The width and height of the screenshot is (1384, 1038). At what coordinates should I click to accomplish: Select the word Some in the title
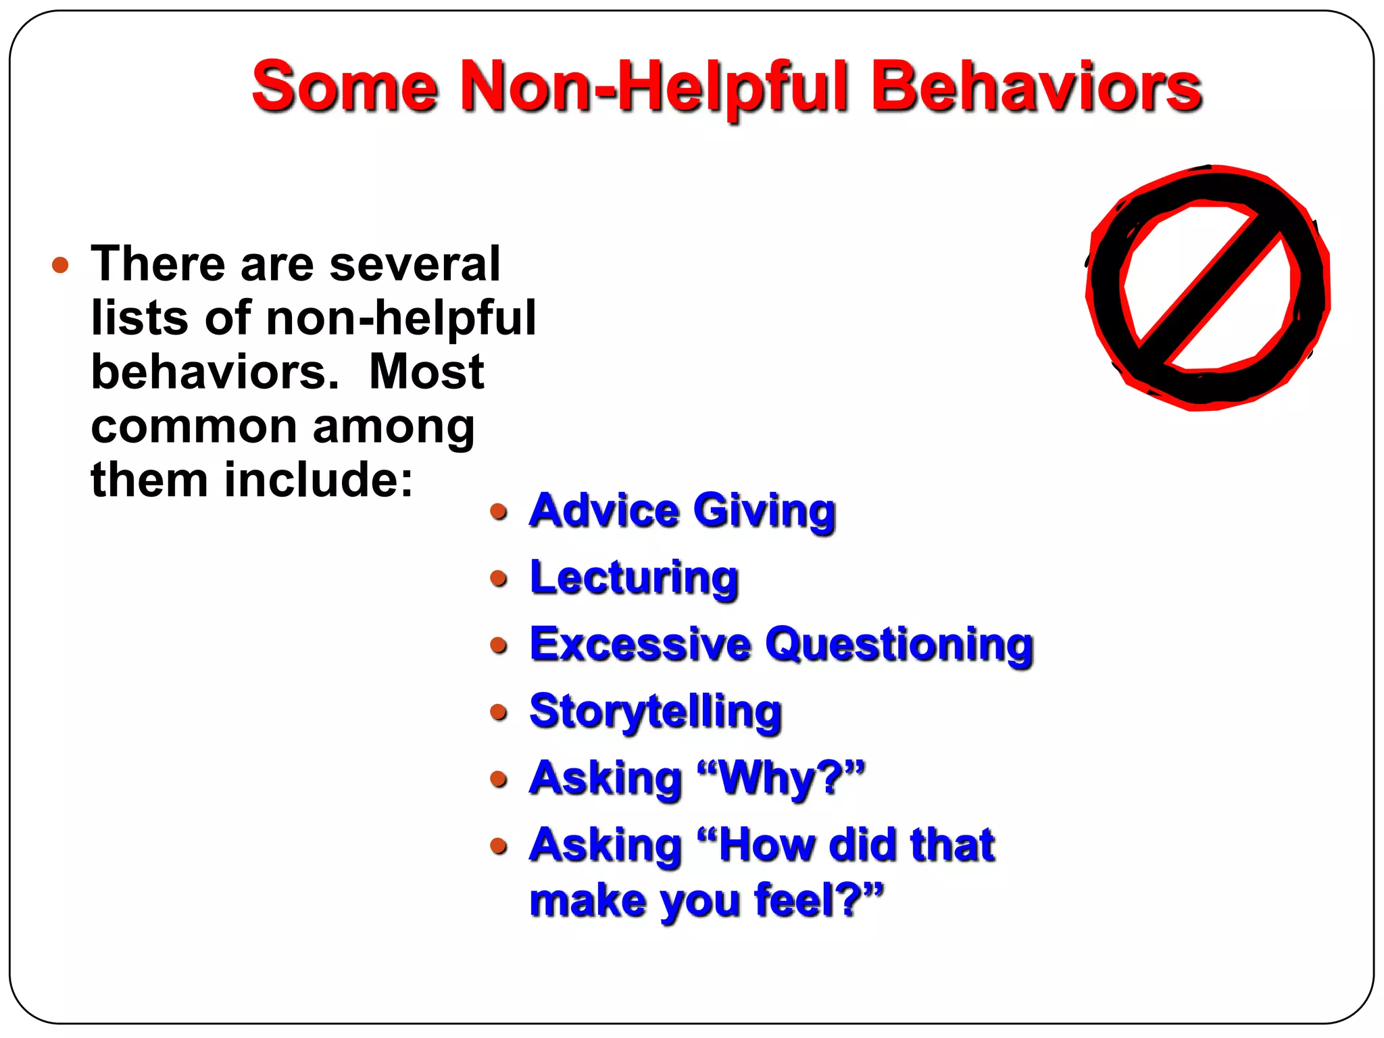(345, 88)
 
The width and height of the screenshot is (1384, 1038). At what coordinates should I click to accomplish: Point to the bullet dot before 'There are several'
(60, 264)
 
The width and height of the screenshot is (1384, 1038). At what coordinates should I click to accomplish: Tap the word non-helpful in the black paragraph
(401, 318)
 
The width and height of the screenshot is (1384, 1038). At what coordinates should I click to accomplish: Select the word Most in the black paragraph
(426, 372)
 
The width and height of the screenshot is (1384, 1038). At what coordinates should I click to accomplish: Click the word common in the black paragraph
(195, 427)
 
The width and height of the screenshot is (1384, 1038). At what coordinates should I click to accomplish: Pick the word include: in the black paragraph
(318, 480)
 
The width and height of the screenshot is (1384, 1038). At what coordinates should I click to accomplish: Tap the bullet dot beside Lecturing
(499, 578)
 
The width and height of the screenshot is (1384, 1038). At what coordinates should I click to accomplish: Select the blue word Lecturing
(634, 578)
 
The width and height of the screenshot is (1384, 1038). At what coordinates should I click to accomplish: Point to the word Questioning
(899, 645)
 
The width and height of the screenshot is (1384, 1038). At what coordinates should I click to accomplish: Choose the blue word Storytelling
(656, 712)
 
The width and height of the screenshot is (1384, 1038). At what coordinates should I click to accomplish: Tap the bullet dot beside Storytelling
(499, 712)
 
